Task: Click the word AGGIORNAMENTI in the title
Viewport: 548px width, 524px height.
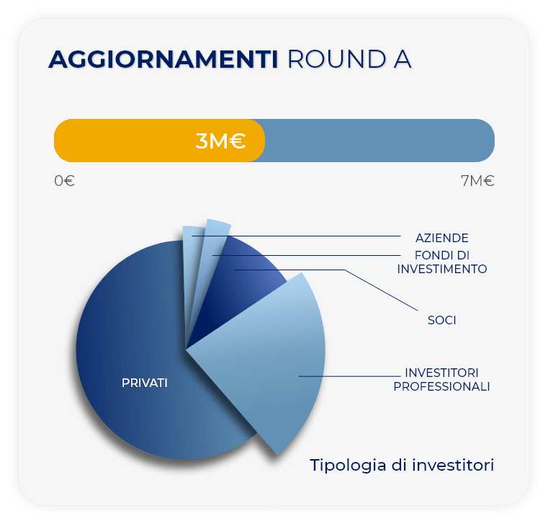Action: tap(163, 59)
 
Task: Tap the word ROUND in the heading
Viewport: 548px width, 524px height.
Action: tap(336, 59)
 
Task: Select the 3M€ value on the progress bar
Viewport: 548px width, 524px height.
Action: tap(220, 141)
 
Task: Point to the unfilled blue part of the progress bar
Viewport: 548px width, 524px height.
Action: tap(379, 141)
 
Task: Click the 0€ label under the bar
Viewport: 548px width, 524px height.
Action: tap(64, 181)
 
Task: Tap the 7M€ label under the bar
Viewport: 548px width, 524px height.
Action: tap(477, 181)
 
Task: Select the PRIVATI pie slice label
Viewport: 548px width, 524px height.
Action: tap(144, 383)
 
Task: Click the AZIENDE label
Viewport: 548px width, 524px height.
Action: tap(441, 238)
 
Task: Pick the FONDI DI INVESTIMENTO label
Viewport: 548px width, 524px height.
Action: tap(441, 262)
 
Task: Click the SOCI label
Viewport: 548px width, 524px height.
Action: tap(441, 320)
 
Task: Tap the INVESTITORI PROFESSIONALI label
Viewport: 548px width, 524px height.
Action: tap(441, 380)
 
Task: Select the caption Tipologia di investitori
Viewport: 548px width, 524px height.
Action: tap(402, 465)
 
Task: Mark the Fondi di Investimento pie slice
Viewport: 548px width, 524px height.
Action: tap(210, 266)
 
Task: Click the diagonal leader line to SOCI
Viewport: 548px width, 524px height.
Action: tap(381, 290)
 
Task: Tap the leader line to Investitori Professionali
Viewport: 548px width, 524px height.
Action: tap(349, 376)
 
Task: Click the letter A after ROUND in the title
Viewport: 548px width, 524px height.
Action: tap(403, 59)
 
